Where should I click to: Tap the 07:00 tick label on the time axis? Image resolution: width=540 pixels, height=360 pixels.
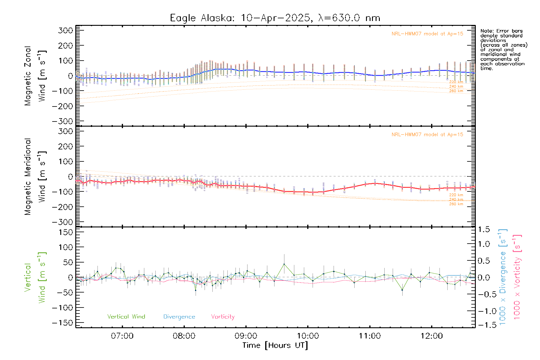tap(122, 336)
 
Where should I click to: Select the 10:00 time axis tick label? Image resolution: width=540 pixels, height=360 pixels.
tap(308, 336)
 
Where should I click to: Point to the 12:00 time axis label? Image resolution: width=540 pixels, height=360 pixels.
tap(431, 336)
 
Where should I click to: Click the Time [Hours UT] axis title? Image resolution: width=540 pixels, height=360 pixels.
tap(275, 345)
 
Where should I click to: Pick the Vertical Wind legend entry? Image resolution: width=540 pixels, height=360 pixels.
tap(126, 317)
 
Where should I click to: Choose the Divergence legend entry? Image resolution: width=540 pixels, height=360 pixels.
tap(179, 317)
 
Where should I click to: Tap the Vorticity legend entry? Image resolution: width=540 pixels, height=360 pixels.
tap(223, 317)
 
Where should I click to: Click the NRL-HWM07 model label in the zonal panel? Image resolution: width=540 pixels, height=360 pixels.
tap(427, 34)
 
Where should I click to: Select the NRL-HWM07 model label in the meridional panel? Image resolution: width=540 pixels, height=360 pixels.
tap(427, 135)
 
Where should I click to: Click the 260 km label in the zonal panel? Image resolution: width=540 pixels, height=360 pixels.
tap(456, 91)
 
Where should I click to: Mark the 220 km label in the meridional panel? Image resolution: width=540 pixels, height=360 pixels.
tap(456, 195)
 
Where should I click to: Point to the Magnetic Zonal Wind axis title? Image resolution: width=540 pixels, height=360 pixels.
tap(35, 76)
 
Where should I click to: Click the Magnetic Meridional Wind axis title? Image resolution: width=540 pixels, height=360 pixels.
tap(35, 177)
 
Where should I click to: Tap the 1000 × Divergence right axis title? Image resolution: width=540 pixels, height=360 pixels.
tap(502, 277)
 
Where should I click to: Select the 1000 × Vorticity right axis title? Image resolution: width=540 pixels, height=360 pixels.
tap(517, 277)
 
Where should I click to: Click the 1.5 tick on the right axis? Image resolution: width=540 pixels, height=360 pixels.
tap(484, 229)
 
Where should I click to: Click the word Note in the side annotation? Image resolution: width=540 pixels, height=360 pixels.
tap(486, 31)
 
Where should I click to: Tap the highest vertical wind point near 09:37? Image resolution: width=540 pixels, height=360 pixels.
tap(284, 264)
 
